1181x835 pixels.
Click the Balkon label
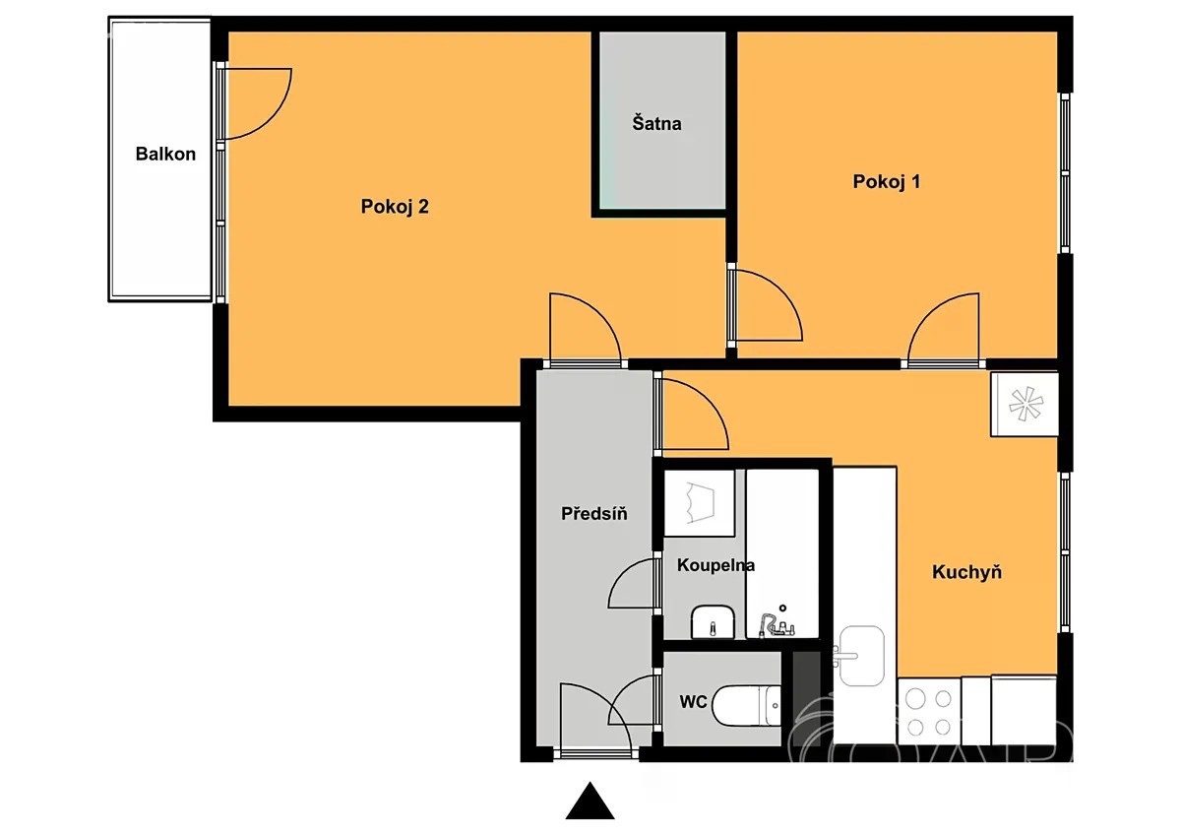[165, 154]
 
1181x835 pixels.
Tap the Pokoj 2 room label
[395, 206]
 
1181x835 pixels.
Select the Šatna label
[656, 123]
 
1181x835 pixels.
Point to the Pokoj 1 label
[887, 181]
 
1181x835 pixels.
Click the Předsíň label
[593, 513]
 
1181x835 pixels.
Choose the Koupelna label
[715, 565]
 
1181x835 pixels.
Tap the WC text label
[693, 701]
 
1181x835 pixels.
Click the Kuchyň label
[966, 572]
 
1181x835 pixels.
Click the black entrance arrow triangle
[590, 801]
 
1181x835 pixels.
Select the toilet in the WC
[746, 705]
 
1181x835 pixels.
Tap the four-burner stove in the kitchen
[928, 713]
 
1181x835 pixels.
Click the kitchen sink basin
[861, 656]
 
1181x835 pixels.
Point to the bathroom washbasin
[713, 621]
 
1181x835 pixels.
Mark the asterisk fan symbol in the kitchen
[1026, 405]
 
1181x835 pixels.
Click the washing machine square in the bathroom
[699, 503]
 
